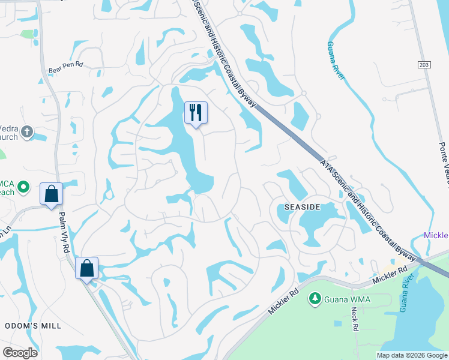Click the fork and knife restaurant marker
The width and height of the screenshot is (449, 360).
(196, 112)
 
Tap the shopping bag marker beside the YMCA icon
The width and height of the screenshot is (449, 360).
(51, 194)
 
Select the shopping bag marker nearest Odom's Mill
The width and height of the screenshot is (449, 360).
(86, 268)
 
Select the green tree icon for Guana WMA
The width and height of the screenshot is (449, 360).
(314, 298)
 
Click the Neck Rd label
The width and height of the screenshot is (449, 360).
(355, 320)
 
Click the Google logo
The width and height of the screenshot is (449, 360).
(20, 352)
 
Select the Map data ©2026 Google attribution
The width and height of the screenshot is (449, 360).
(412, 355)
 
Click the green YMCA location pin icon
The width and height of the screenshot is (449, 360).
(23, 187)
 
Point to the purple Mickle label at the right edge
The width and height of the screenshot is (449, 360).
(436, 235)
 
